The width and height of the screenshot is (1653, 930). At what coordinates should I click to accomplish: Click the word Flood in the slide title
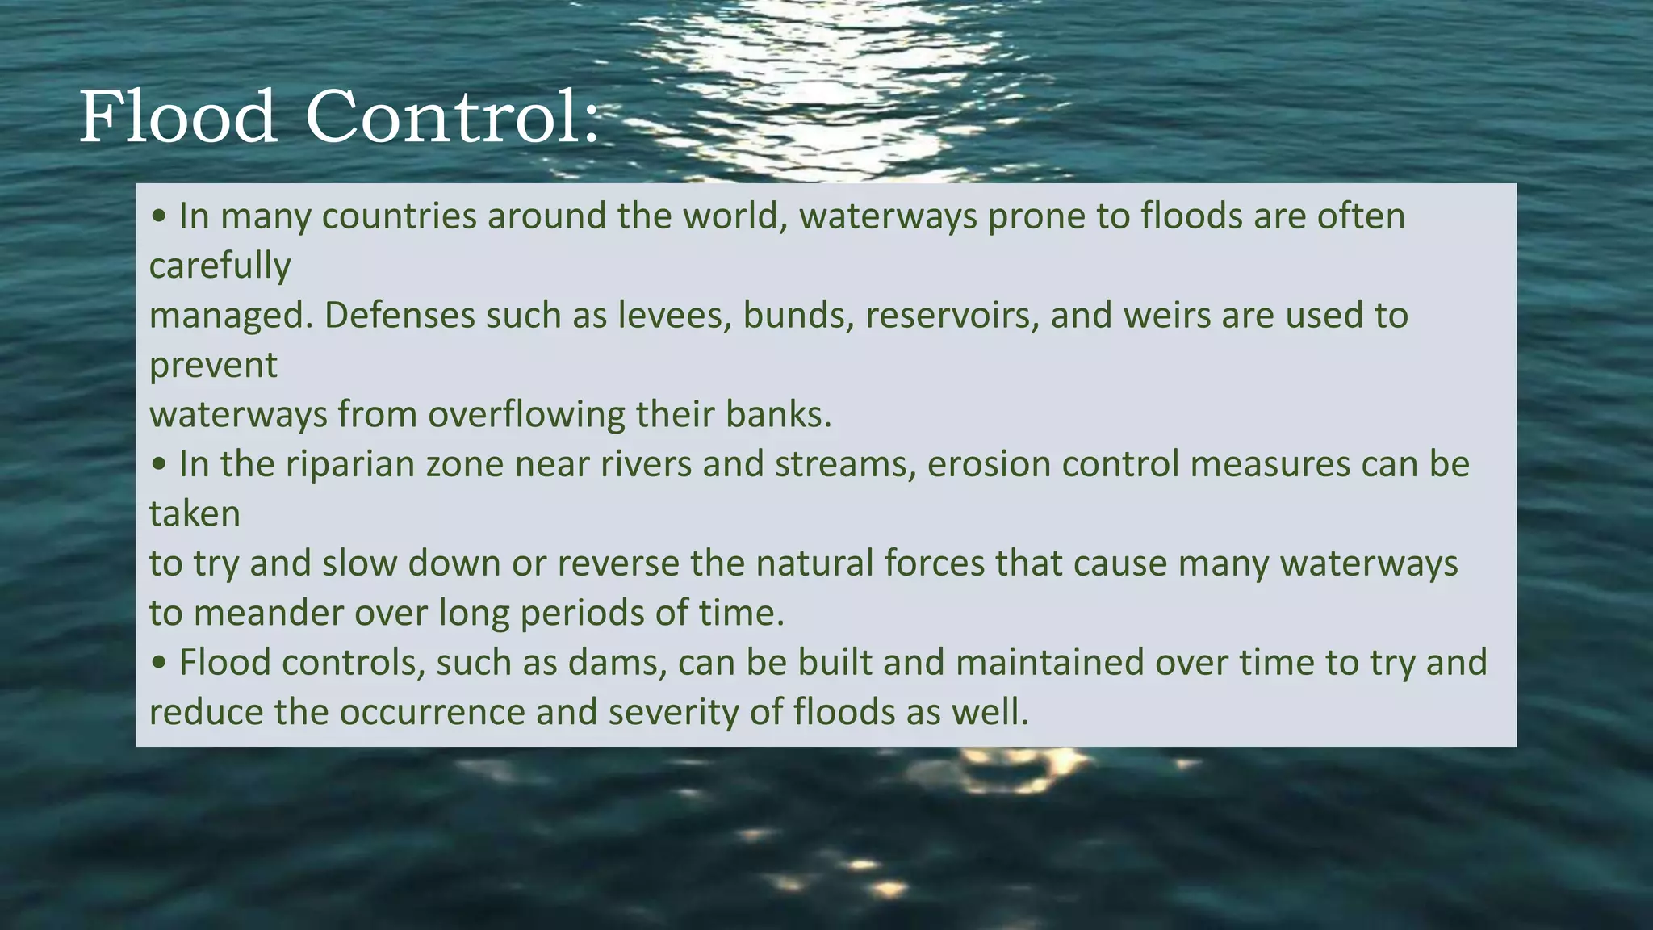pyautogui.click(x=178, y=118)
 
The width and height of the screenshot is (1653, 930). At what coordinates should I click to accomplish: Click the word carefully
pyautogui.click(x=220, y=266)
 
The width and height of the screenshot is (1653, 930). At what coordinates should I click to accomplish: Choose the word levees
pyautogui.click(x=675, y=316)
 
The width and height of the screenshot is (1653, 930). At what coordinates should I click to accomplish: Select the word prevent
pyautogui.click(x=213, y=366)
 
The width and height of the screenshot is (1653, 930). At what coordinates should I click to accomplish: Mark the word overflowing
pyautogui.click(x=526, y=415)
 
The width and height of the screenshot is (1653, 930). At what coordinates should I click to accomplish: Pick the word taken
pyautogui.click(x=195, y=514)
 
